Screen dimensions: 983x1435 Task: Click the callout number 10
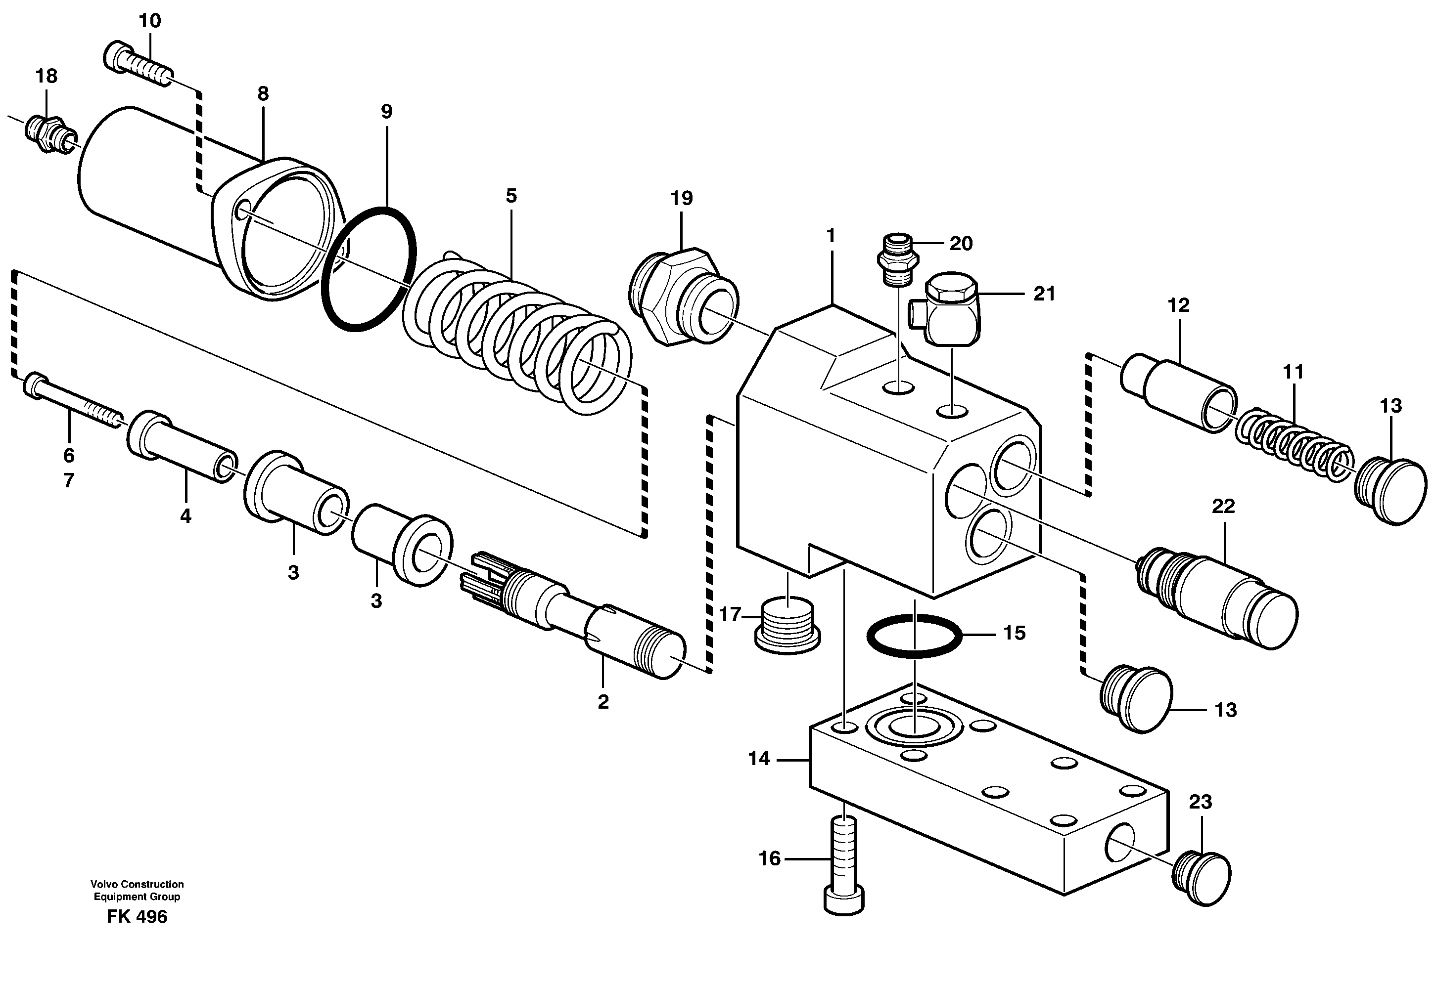(149, 21)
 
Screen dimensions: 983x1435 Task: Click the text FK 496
(137, 917)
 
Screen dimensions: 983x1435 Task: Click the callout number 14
(759, 759)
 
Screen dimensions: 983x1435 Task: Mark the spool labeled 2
(574, 617)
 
